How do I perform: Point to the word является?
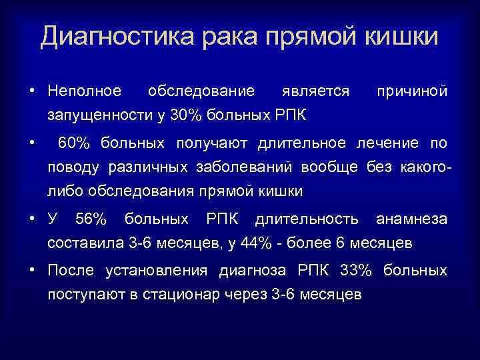tap(315, 90)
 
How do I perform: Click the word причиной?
tap(413, 90)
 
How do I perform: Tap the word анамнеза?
tap(412, 219)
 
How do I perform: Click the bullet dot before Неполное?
tap(32, 91)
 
